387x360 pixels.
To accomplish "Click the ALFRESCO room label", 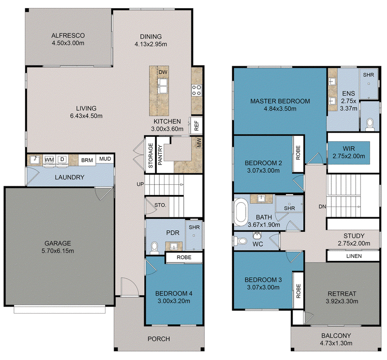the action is point(68,35).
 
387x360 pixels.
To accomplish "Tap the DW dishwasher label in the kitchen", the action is point(163,73).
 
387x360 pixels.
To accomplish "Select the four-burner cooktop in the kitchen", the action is point(197,90).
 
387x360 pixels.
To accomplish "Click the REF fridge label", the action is point(196,126).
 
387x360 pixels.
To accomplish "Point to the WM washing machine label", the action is point(49,160).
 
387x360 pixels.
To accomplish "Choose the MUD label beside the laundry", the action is point(105,159).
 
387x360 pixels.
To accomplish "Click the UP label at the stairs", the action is point(140,184).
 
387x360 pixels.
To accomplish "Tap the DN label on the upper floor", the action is point(322,207).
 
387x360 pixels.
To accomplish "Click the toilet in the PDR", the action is point(154,248).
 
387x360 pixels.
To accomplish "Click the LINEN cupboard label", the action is point(354,256).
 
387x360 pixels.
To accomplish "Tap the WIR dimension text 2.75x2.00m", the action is point(349,156).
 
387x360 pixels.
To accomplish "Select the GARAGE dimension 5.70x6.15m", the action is point(58,251).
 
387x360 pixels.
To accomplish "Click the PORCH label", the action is point(159,339).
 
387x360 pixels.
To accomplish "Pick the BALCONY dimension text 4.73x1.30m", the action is point(336,343).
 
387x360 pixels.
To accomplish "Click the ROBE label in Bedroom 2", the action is point(298,152).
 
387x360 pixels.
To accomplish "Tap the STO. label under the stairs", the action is point(160,205).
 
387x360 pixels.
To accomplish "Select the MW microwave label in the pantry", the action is point(199,143).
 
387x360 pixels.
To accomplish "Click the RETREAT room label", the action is point(342,294).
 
